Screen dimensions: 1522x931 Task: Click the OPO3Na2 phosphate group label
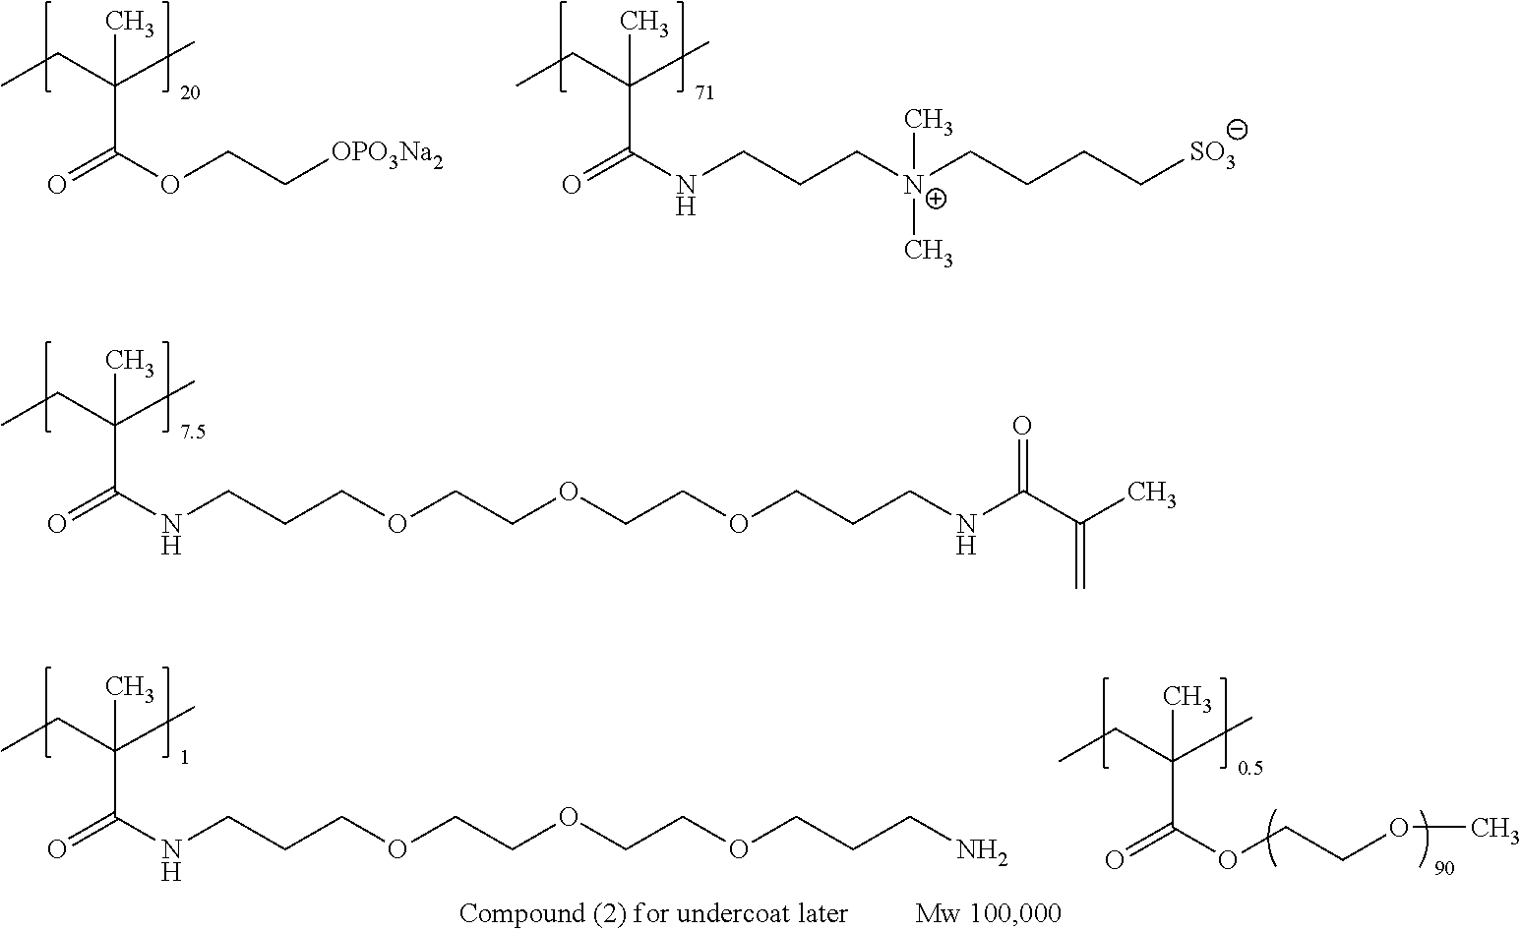(387, 156)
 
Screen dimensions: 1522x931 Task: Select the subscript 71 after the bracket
(704, 95)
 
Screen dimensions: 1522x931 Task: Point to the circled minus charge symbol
(1238, 129)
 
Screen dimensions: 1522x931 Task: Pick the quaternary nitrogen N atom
(913, 184)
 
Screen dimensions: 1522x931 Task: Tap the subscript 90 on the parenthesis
(1444, 868)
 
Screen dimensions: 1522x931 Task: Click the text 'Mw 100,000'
(988, 914)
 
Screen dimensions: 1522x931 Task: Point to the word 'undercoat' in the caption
(725, 914)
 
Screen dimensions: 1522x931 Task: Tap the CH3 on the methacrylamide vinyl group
(1151, 495)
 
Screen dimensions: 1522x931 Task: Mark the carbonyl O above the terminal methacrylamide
(1022, 427)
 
